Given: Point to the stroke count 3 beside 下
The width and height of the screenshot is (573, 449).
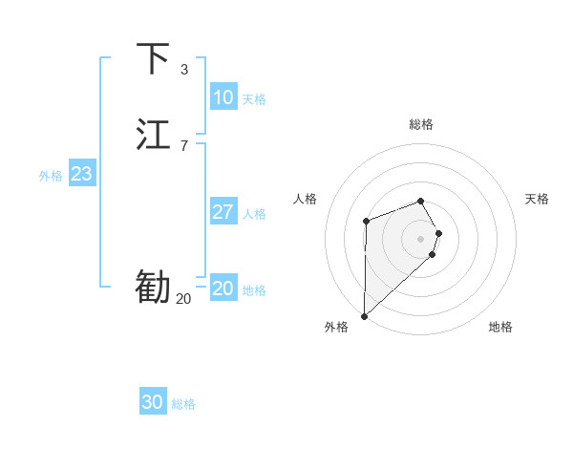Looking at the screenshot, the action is tap(183, 70).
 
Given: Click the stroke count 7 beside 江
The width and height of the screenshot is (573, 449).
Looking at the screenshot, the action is tap(183, 146).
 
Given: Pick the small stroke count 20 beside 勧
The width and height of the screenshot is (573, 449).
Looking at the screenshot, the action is tap(183, 299).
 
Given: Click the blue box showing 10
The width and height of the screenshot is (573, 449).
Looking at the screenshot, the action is tap(223, 97).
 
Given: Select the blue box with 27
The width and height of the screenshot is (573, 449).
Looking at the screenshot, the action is tap(223, 212).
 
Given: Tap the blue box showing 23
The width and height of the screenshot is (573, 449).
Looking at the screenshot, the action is tap(81, 174).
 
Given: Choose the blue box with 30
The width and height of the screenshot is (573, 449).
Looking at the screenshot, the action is tap(153, 402).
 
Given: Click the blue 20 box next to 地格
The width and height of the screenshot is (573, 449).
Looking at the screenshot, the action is tap(223, 289).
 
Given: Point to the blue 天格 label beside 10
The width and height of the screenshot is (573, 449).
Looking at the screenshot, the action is tap(254, 99).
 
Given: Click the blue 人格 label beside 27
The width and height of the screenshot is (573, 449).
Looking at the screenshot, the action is tap(254, 214).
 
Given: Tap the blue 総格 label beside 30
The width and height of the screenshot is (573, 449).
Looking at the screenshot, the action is tap(183, 404).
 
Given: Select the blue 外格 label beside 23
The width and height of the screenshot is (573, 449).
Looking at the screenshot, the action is tap(51, 176).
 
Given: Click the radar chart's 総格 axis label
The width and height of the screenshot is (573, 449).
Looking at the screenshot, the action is tap(421, 124).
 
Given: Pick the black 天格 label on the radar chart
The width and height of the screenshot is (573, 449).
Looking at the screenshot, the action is tap(537, 199).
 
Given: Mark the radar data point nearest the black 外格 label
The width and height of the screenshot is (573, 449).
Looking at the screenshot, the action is tap(364, 315).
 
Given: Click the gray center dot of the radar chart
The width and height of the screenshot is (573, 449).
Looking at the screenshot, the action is tap(421, 237).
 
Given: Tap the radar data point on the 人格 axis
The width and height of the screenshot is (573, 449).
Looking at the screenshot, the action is tap(366, 223).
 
